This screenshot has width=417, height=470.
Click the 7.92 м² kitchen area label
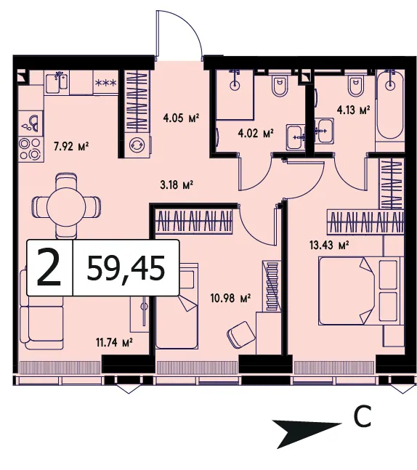tap(71, 147)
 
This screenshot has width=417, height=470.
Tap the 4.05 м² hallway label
tap(181, 118)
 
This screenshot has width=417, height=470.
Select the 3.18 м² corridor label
tap(177, 185)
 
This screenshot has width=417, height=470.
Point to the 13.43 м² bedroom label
tap(329, 246)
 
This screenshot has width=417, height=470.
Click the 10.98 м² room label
tap(230, 299)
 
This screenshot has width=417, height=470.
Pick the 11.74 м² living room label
tap(114, 342)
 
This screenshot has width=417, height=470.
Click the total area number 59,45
tap(126, 268)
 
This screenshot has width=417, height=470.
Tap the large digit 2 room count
tap(49, 268)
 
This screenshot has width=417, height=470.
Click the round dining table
tap(66, 206)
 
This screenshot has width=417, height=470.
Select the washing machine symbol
tap(137, 145)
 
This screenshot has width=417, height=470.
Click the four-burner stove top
tap(30, 149)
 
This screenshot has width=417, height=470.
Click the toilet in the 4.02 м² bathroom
tap(279, 86)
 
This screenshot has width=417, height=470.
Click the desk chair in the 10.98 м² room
tap(241, 335)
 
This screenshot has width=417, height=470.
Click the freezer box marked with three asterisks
tap(106, 83)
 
